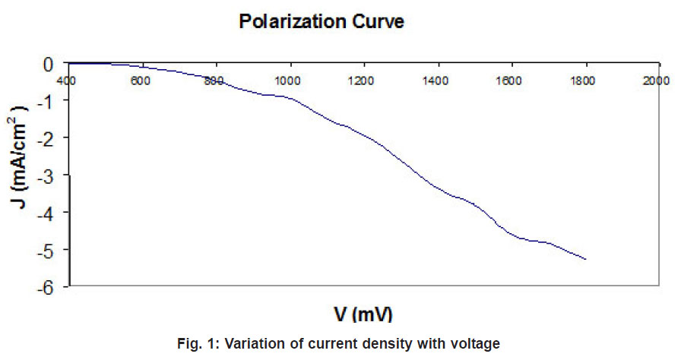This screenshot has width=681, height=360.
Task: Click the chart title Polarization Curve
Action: pos(321,22)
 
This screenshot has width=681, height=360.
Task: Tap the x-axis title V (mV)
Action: pos(363,313)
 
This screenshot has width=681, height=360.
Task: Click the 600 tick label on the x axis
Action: pos(140,80)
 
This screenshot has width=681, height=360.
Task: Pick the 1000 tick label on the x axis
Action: pos(288,80)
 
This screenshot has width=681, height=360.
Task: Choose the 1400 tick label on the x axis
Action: pos(436,80)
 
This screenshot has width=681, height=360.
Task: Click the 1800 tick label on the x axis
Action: pos(584,80)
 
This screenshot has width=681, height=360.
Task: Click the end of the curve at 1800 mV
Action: pos(586,260)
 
